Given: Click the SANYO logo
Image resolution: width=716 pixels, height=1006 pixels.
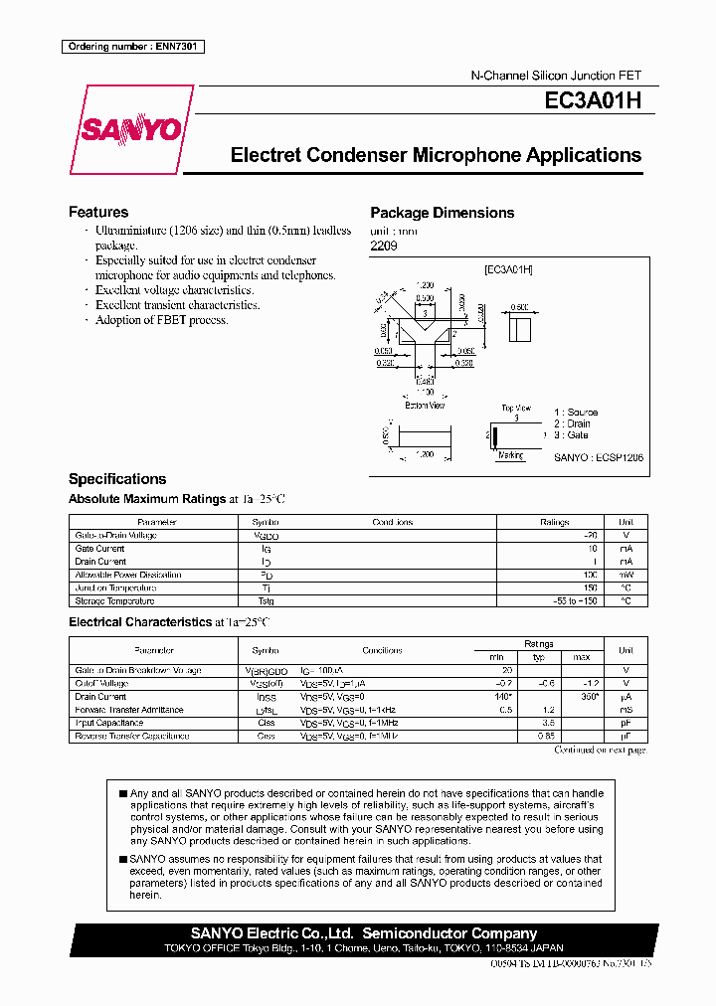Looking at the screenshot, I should (x=131, y=130).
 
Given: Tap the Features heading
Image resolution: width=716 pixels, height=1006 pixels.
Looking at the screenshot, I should (x=98, y=212).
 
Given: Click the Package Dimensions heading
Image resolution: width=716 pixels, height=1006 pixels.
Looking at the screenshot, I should (x=443, y=213).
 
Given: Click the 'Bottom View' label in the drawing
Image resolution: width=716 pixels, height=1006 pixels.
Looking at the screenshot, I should (x=425, y=405).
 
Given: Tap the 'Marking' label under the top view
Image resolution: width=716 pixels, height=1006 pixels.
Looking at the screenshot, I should (x=510, y=455).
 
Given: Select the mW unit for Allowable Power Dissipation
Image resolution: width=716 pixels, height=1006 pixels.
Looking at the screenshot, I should (x=626, y=575).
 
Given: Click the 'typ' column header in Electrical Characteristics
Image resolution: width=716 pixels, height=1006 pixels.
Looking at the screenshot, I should (x=540, y=657).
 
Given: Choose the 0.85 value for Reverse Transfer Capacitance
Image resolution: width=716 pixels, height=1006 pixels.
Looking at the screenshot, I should (x=545, y=736).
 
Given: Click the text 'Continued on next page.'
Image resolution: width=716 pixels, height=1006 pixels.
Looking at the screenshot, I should (x=600, y=751).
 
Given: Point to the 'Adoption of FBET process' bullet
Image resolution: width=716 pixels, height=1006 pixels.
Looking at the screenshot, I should (x=161, y=320).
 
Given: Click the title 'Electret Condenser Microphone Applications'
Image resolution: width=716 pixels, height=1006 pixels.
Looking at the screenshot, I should (x=436, y=155).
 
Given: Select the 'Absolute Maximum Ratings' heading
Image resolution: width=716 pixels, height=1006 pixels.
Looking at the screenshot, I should (x=147, y=499).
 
